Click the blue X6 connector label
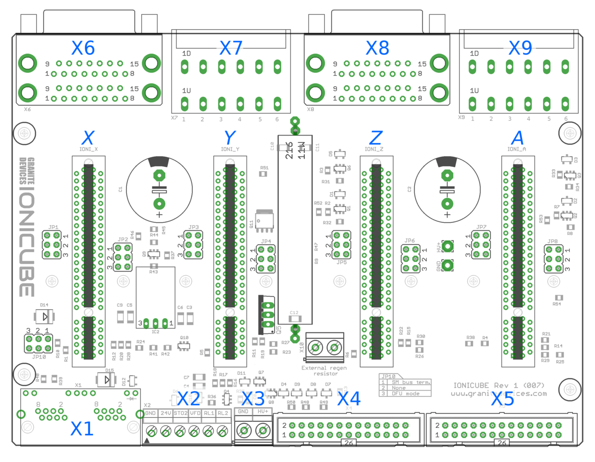tap(83, 48)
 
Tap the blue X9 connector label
tap(520, 48)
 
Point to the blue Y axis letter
tap(230, 137)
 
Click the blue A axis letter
tap(517, 137)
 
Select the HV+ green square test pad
tap(448, 246)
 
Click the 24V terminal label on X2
tap(166, 413)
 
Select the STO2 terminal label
tap(180, 413)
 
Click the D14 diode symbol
tap(45, 316)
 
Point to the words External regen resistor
tap(324, 371)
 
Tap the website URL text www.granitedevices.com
tap(499, 394)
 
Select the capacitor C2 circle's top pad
tap(447, 175)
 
